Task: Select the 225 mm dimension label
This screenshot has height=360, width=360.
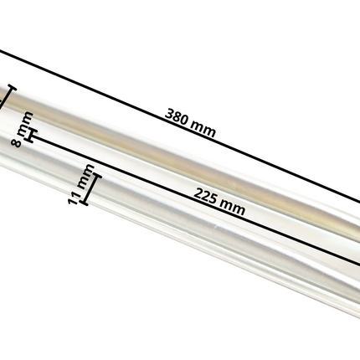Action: tap(219, 201)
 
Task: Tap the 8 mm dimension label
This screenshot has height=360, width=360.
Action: tap(23, 129)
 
